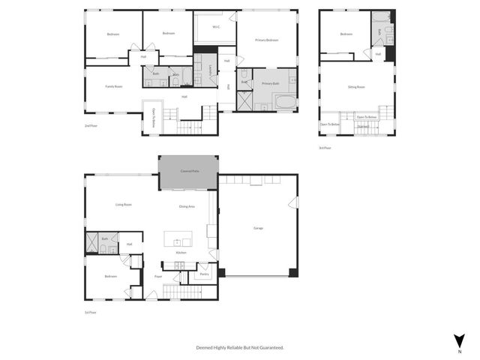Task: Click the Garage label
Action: click(x=258, y=228)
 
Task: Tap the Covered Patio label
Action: click(x=189, y=172)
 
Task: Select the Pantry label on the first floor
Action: click(x=203, y=274)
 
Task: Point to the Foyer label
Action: click(x=158, y=277)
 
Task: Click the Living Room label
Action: click(x=124, y=204)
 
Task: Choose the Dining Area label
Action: click(x=187, y=206)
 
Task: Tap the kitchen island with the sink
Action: click(x=178, y=241)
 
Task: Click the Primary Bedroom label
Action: click(x=267, y=40)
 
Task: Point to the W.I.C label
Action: click(x=216, y=28)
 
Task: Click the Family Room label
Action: click(x=113, y=86)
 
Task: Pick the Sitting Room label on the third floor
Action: click(x=356, y=87)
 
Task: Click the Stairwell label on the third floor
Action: click(x=363, y=127)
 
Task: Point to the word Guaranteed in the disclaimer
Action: click(x=268, y=347)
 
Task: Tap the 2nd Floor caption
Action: click(x=91, y=125)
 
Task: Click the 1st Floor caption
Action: click(x=91, y=311)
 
